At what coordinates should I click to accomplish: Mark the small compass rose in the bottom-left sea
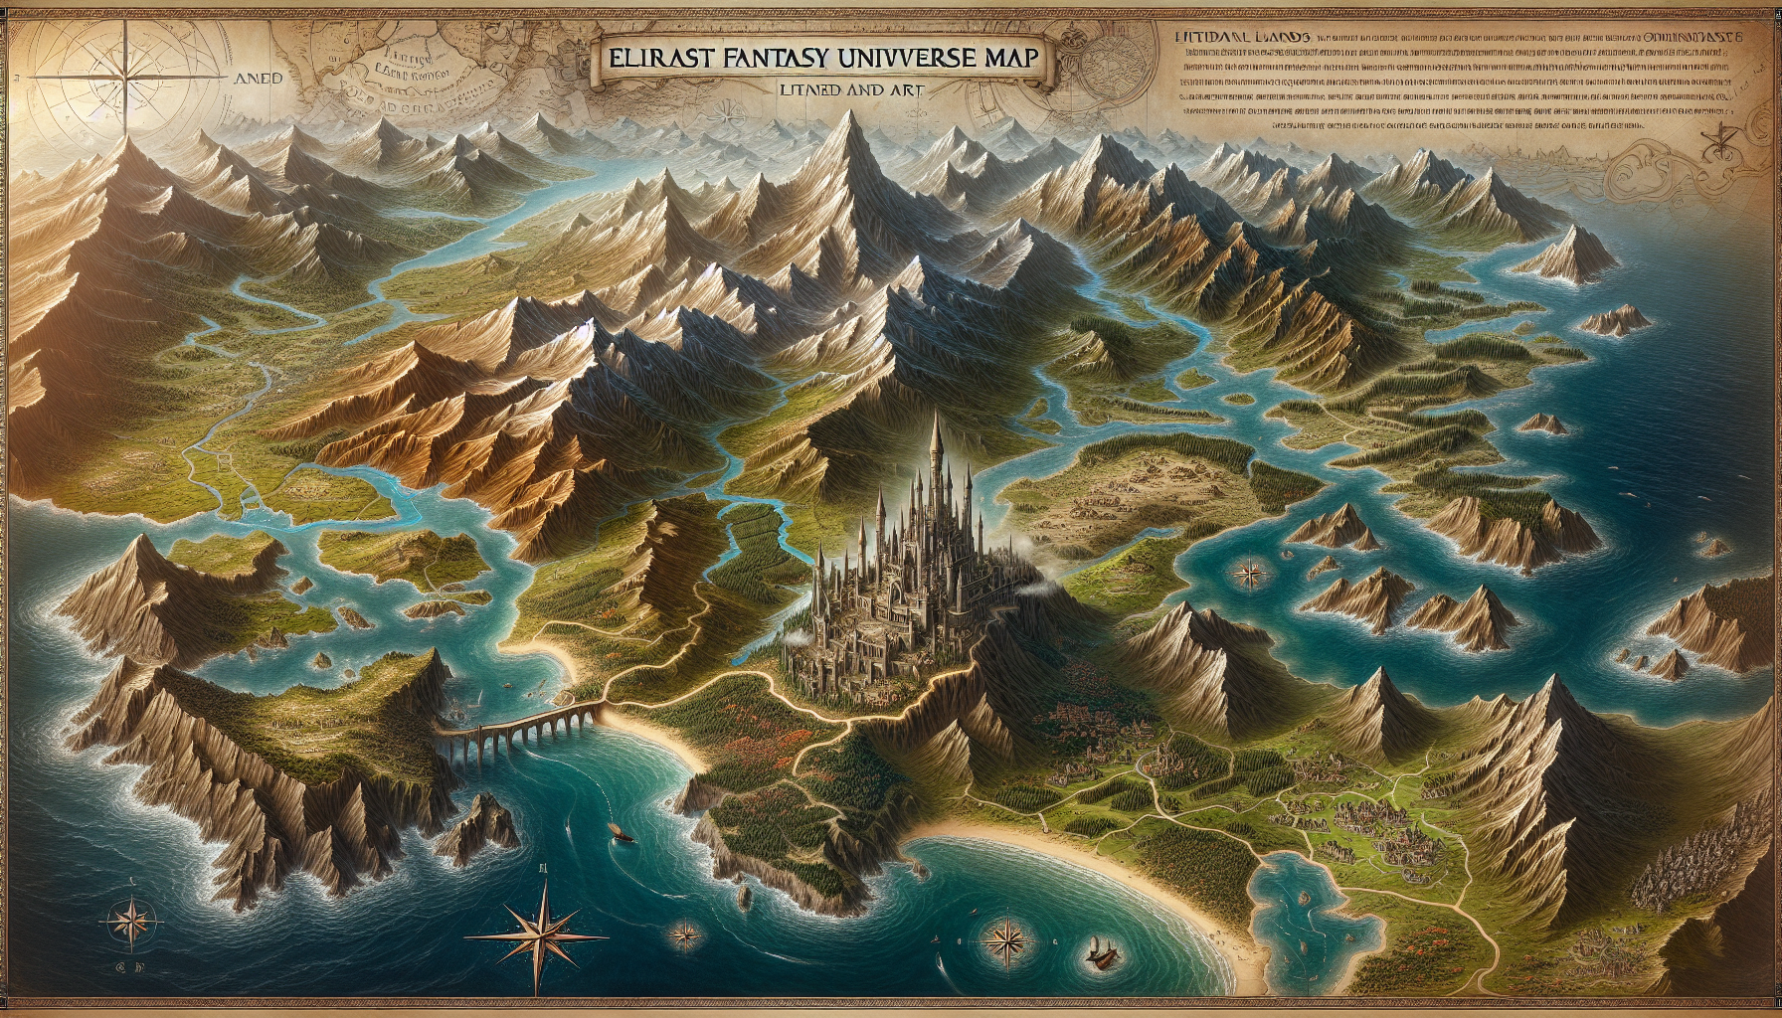coord(130,917)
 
